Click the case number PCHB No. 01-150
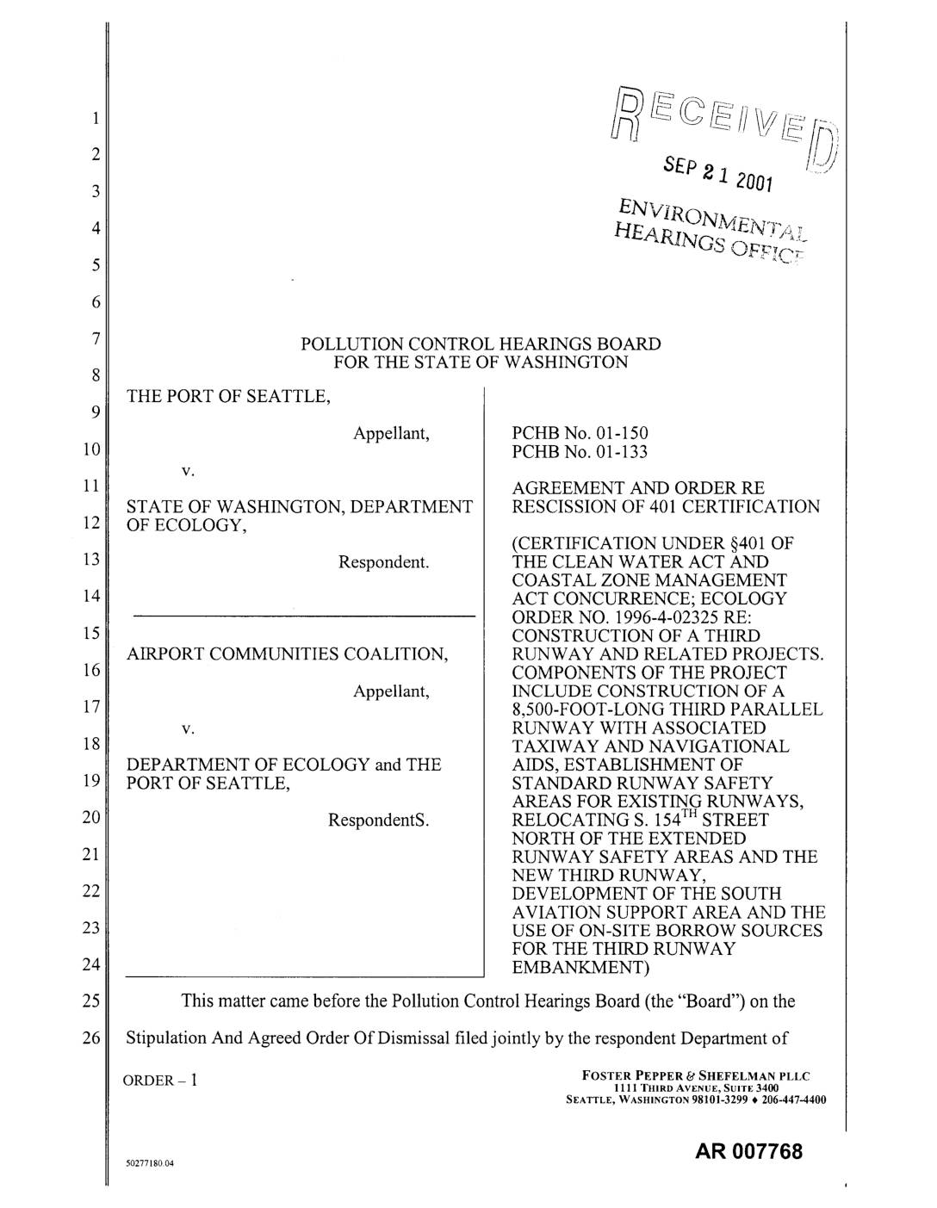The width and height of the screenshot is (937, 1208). coord(580,433)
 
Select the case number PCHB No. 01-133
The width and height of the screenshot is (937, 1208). coord(580,452)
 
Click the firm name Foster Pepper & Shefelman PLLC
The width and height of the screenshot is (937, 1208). coord(696,1075)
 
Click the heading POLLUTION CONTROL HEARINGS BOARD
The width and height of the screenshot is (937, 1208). coord(481,344)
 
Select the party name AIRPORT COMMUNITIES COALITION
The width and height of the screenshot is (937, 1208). coord(288,654)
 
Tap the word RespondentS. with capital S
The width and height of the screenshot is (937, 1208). coord(378,821)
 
